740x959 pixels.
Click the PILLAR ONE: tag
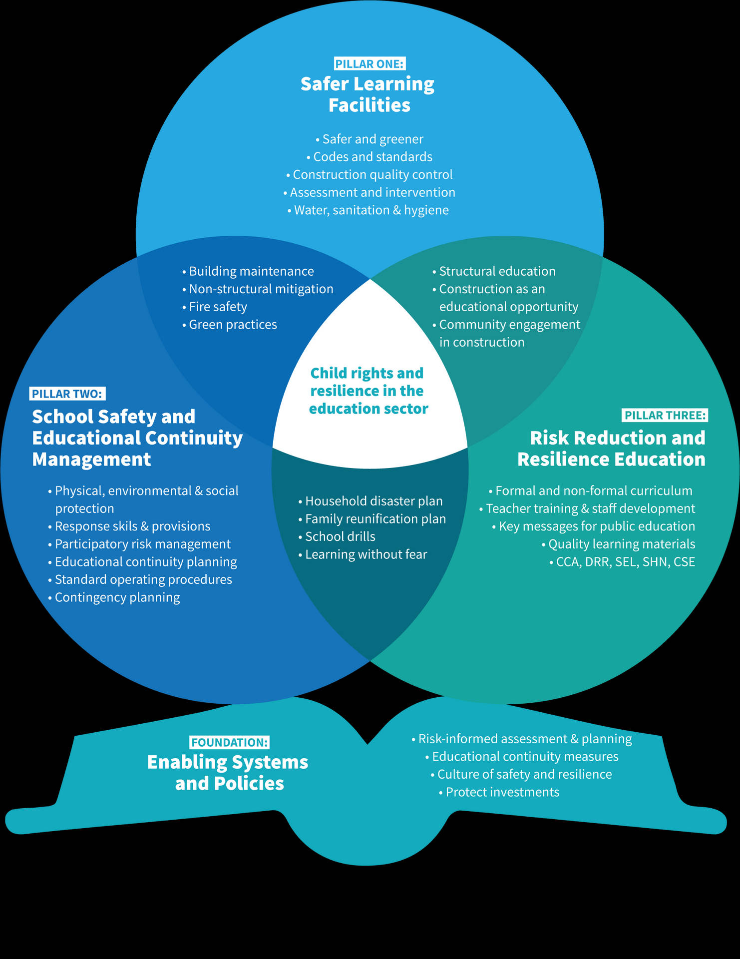[x=369, y=64]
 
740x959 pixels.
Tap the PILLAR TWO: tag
[x=67, y=394]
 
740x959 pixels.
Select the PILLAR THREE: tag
[x=665, y=415]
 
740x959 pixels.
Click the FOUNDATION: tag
[x=230, y=742]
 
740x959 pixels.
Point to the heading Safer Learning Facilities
[x=368, y=94]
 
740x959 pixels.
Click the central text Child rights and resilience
[x=368, y=391]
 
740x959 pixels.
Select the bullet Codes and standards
[x=370, y=157]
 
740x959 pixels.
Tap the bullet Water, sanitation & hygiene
[x=369, y=210]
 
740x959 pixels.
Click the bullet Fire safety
[x=215, y=307]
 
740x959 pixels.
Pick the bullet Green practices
[x=230, y=325]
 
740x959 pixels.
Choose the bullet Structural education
[x=494, y=271]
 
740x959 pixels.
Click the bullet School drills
[x=337, y=536]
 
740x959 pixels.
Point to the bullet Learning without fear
[x=363, y=554]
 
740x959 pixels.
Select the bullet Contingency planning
[x=114, y=597]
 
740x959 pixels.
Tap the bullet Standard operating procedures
[x=140, y=579]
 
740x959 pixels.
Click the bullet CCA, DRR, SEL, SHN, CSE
[x=622, y=562]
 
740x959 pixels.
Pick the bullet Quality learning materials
[x=619, y=544]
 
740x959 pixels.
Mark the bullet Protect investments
[x=499, y=792]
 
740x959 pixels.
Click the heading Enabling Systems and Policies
[x=228, y=773]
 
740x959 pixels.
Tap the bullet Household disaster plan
[x=370, y=501]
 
